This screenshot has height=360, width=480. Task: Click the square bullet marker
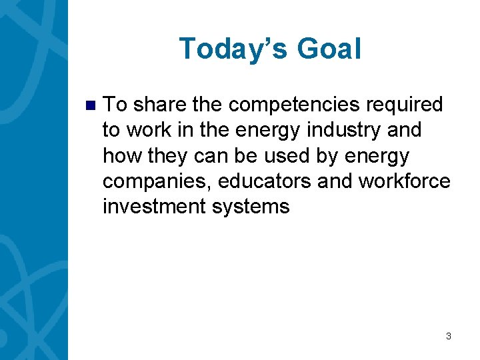click(91, 105)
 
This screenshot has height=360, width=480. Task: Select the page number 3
click(449, 336)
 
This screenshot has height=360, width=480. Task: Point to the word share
click(160, 105)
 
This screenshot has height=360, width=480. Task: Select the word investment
click(155, 206)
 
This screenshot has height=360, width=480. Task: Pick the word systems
click(251, 206)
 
